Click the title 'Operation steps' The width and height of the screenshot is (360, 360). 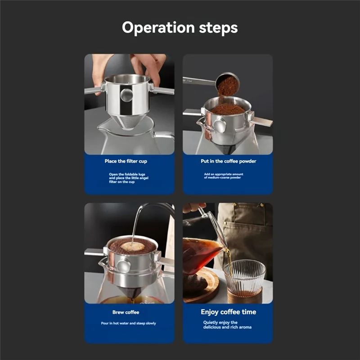(x=180, y=28)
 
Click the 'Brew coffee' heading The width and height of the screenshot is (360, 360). (x=126, y=312)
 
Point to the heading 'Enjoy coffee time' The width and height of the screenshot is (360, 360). (x=228, y=312)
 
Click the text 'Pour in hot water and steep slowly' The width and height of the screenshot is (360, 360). (x=128, y=324)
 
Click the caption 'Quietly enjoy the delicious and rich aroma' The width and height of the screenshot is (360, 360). (x=228, y=324)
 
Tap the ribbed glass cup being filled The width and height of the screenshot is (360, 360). (x=244, y=278)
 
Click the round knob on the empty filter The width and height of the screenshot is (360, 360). (x=127, y=94)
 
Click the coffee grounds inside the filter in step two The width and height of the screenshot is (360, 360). (x=227, y=109)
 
